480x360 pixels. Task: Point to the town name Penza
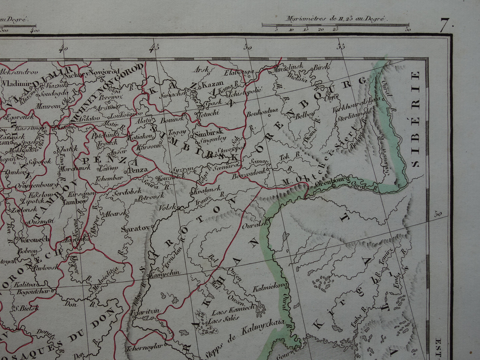point(138,170)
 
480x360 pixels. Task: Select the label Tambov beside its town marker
point(74,201)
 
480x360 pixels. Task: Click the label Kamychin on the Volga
point(165,273)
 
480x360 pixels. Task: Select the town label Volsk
point(167,207)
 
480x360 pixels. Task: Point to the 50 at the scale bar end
point(408,30)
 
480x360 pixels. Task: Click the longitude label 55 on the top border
point(340,47)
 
